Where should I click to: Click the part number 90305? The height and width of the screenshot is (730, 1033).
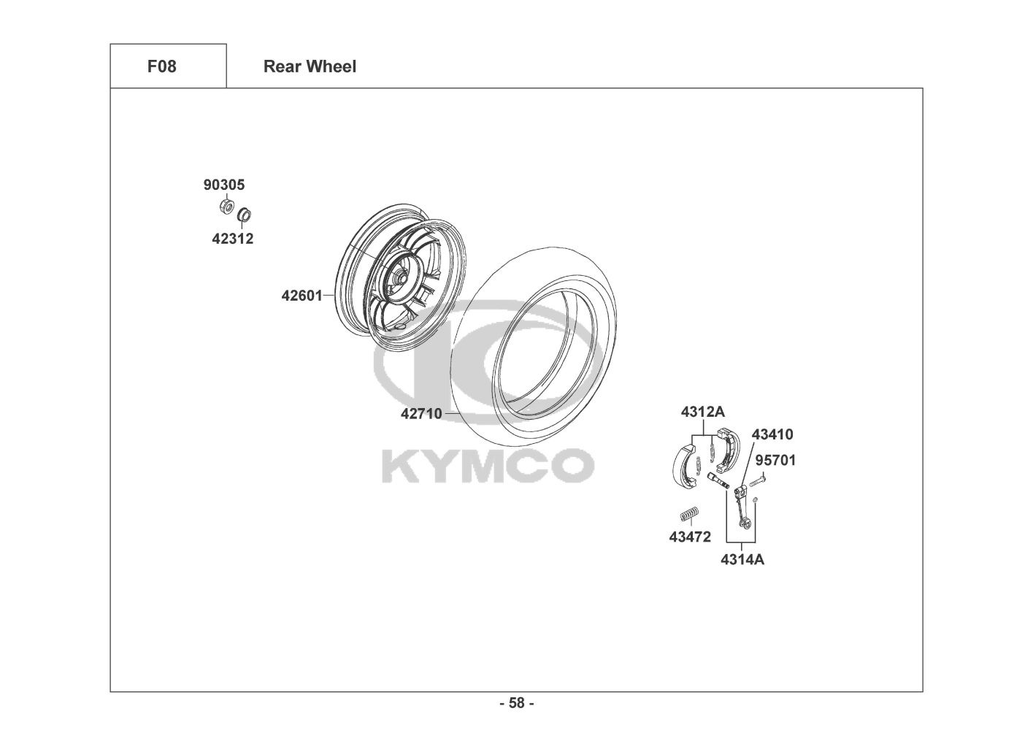click(224, 185)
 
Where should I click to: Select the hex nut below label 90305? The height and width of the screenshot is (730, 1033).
click(226, 206)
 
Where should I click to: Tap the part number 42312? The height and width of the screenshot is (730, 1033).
click(232, 239)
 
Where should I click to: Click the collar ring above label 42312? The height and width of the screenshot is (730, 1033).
click(244, 215)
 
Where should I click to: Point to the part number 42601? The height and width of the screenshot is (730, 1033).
click(302, 296)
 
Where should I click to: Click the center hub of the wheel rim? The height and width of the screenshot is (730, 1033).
click(399, 279)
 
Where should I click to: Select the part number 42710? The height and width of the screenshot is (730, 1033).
click(421, 414)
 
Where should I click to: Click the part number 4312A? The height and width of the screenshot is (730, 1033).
click(703, 412)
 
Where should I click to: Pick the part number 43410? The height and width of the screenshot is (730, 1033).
click(772, 434)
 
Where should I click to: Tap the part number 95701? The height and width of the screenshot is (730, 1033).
click(775, 460)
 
